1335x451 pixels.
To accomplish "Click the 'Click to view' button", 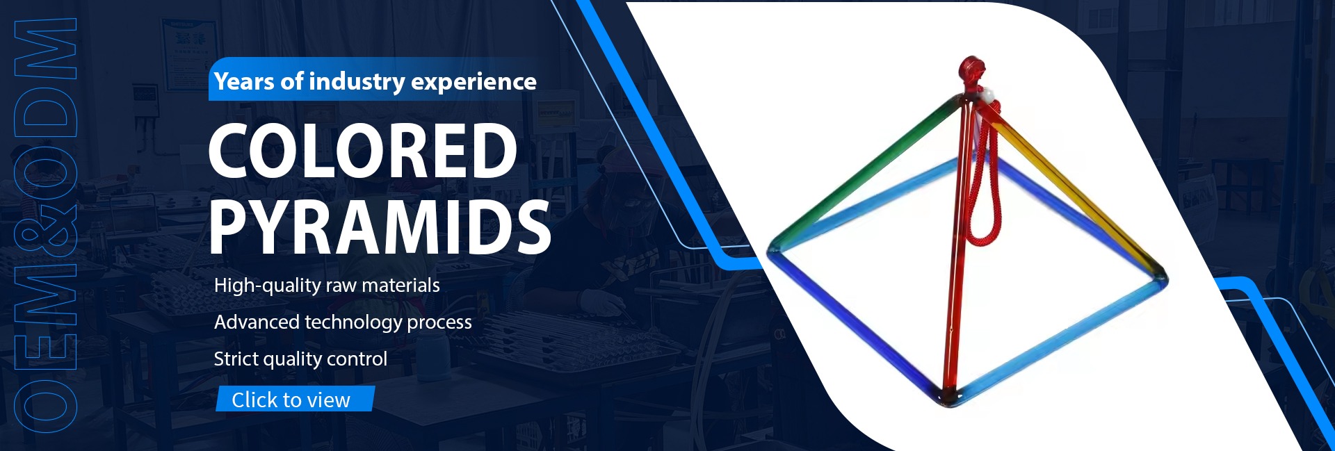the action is pyautogui.click(x=295, y=399).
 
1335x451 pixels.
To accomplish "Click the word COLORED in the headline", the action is pyautogui.click(x=362, y=150).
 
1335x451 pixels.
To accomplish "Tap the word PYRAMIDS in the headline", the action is pyautogui.click(x=380, y=227).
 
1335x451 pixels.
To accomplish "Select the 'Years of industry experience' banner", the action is pyautogui.click(x=374, y=80).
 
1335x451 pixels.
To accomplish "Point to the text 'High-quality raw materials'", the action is pyautogui.click(x=327, y=286).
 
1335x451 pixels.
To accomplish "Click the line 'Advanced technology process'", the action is pyautogui.click(x=343, y=322).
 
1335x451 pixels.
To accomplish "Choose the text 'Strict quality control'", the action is pyautogui.click(x=300, y=359).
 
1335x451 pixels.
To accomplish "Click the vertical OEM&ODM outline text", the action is pyautogui.click(x=45, y=222).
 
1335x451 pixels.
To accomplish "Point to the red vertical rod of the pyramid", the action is pyautogui.click(x=955, y=250).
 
